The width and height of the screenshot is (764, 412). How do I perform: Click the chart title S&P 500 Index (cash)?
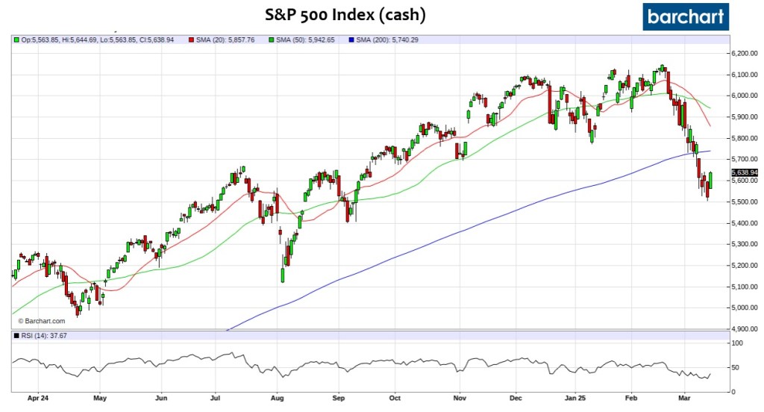tap(351, 14)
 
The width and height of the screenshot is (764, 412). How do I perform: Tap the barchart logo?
tap(686, 16)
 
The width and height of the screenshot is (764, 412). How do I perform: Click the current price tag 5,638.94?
tap(744, 172)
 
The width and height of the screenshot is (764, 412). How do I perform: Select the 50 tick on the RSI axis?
tap(736, 368)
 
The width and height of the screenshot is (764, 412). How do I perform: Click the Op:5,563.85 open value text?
tap(43, 40)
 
